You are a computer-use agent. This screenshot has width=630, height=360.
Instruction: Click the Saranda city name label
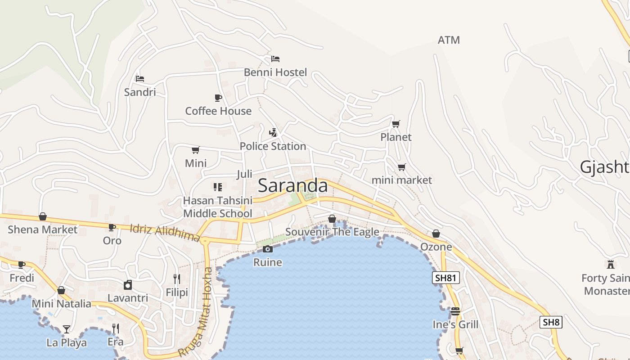pyautogui.click(x=292, y=186)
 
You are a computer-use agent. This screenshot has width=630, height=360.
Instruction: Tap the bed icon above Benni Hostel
pyautogui.click(x=275, y=59)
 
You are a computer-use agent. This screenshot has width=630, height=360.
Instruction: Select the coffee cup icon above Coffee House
pyautogui.click(x=218, y=98)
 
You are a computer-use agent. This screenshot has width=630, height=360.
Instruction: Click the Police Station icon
pyautogui.click(x=273, y=132)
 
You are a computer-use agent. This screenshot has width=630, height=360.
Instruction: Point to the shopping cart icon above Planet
pyautogui.click(x=396, y=124)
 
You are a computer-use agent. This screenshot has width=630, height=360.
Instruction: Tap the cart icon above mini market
pyautogui.click(x=401, y=167)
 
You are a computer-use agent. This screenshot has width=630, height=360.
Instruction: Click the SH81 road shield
pyautogui.click(x=446, y=278)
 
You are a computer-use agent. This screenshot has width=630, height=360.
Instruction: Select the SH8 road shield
pyautogui.click(x=551, y=322)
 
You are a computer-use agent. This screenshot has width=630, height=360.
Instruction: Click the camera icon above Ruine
pyautogui.click(x=268, y=249)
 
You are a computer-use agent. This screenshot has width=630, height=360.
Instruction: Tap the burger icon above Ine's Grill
pyautogui.click(x=455, y=311)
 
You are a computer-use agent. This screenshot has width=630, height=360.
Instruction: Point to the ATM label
pyautogui.click(x=449, y=40)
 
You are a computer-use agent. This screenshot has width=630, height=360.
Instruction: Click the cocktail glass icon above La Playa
pyautogui.click(x=67, y=329)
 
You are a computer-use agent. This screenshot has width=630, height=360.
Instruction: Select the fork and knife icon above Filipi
pyautogui.click(x=177, y=279)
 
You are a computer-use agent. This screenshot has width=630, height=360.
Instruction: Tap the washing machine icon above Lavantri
pyautogui.click(x=128, y=285)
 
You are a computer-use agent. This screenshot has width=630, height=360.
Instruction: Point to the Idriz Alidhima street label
pyautogui.click(x=165, y=233)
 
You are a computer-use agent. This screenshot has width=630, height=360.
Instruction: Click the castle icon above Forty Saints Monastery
pyautogui.click(x=611, y=265)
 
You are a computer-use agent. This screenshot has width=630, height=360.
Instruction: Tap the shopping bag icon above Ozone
pyautogui.click(x=436, y=234)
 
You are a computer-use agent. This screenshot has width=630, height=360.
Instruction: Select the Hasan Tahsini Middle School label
pyautogui.click(x=218, y=207)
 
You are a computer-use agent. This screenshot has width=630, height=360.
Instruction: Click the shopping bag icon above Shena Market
pyautogui.click(x=43, y=216)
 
